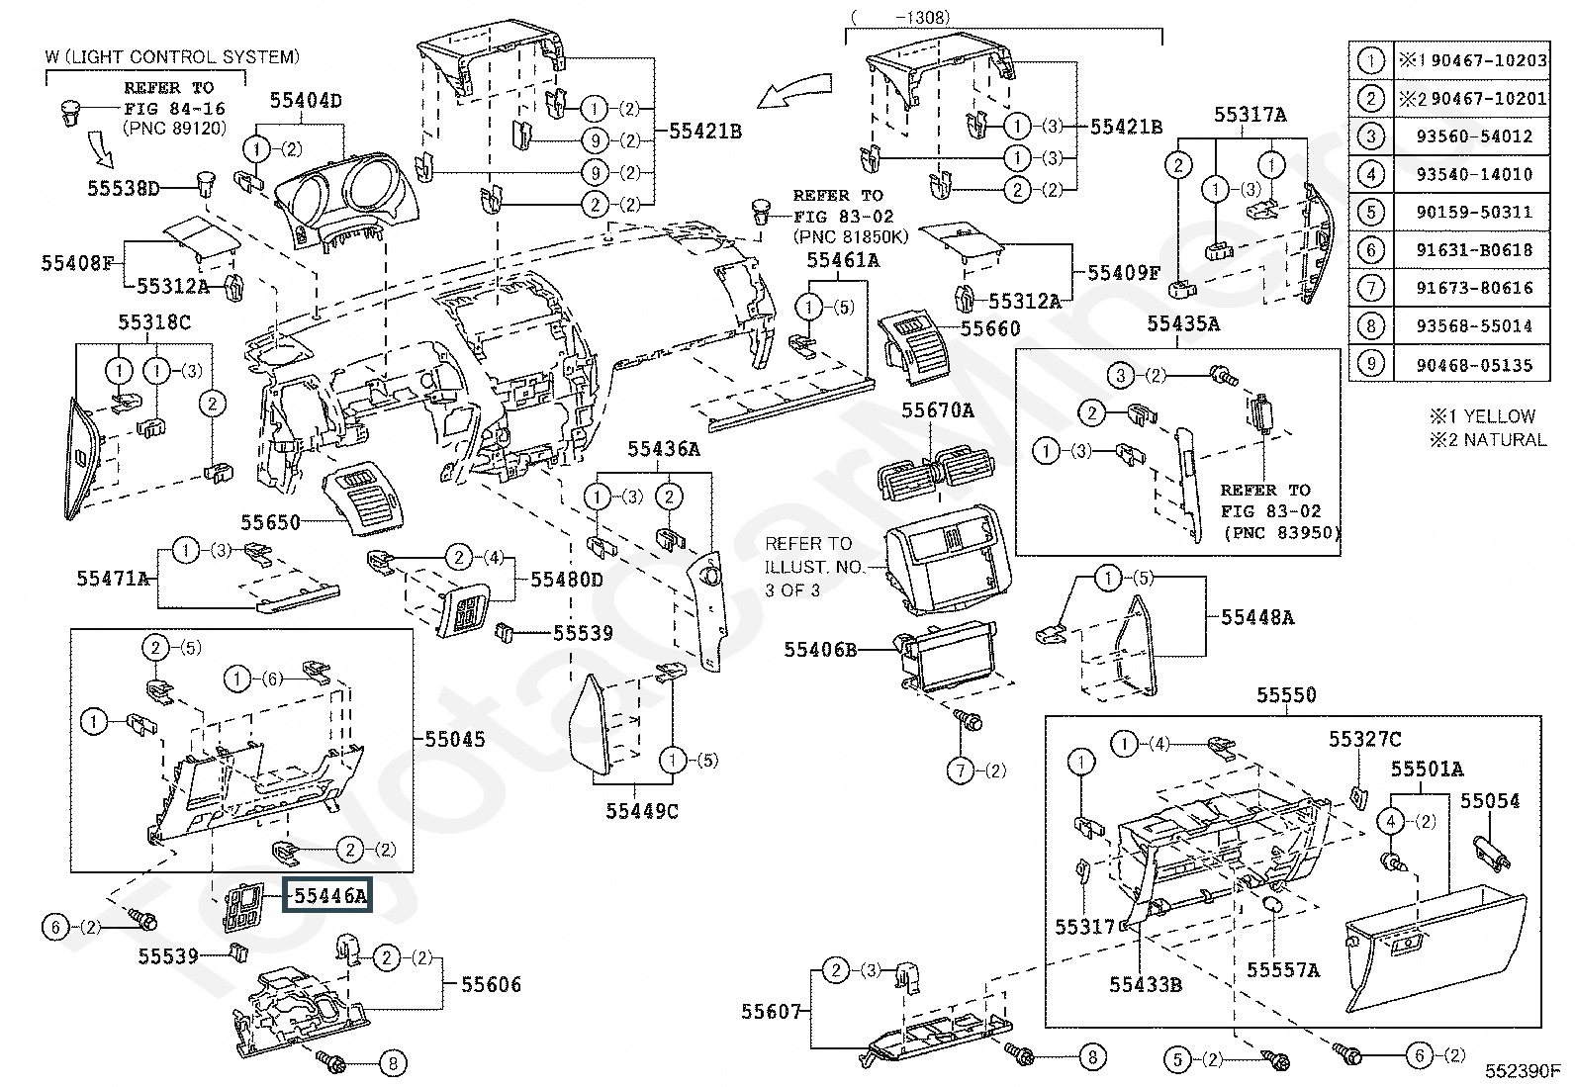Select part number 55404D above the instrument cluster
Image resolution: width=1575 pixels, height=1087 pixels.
307,101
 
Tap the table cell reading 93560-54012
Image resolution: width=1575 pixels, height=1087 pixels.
1473,136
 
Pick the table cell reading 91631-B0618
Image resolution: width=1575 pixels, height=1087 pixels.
1473,250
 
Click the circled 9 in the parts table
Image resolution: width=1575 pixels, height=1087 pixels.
1370,365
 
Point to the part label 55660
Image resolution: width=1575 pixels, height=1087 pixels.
990,327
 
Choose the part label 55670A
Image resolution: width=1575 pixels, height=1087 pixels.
937,409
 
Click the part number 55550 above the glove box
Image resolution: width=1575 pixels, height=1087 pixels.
1286,694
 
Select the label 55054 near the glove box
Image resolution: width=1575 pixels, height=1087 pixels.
1490,800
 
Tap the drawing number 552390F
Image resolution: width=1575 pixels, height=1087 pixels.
1522,1070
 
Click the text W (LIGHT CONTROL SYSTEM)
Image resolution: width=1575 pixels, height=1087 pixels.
171,57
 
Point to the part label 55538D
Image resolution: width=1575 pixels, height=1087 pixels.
123,187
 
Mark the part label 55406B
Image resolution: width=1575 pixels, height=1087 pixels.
820,649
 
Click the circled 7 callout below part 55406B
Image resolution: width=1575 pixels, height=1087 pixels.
960,770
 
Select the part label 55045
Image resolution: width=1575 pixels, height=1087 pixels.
455,738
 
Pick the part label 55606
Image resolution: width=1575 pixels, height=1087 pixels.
491,984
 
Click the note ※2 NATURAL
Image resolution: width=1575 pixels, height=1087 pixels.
1487,439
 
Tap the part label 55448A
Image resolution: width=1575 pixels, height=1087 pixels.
1257,617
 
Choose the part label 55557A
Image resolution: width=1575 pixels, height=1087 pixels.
1282,970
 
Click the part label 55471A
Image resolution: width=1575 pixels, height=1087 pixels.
113,578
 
